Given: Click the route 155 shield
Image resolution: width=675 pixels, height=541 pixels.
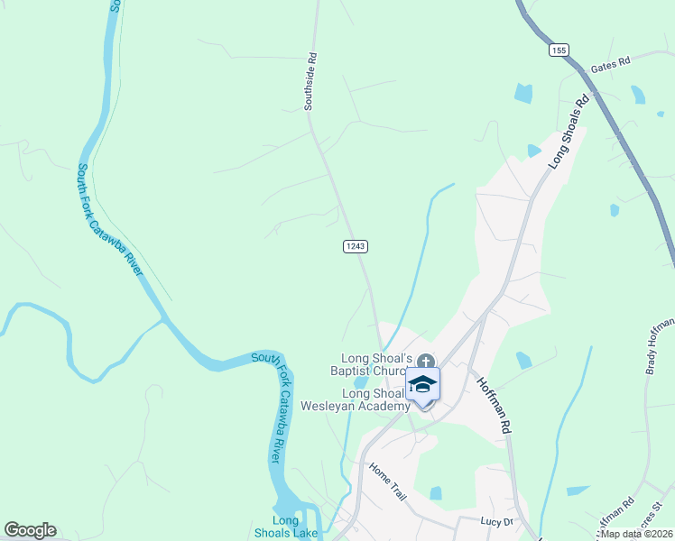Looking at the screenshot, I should [x=557, y=50].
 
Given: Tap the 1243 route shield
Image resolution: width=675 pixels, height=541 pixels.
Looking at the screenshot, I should [x=355, y=246].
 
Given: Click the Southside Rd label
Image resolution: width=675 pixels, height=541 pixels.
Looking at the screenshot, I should [x=309, y=87].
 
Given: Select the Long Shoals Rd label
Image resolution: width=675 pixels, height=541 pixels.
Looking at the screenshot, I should [x=569, y=130].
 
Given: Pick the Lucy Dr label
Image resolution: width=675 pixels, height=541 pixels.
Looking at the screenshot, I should [x=496, y=522].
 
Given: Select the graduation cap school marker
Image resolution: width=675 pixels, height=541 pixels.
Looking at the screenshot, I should [x=422, y=386].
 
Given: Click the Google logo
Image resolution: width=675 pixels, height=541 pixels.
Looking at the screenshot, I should [x=30, y=530].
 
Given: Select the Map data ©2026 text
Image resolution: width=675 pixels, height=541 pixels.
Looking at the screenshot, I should [x=635, y=534].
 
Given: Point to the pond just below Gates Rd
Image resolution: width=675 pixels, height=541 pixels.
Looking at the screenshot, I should [x=522, y=92].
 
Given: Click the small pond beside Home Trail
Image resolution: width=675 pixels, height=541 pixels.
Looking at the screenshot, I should [x=436, y=493].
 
